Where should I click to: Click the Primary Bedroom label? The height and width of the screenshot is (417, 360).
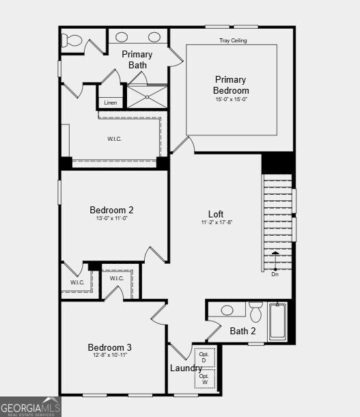tap(231, 85)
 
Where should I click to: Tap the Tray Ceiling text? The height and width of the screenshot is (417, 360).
tap(233, 41)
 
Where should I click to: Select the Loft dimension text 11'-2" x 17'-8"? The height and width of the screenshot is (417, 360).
tap(216, 223)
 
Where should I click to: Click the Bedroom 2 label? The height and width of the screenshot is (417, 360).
tap(111, 210)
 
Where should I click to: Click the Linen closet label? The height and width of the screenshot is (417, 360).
tap(111, 103)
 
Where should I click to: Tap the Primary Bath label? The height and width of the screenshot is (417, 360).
tap(137, 59)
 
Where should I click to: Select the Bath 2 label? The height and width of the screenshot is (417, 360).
tap(243, 332)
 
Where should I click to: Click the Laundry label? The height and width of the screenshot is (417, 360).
tap(186, 368)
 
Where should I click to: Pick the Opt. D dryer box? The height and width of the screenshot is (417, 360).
tap(204, 358)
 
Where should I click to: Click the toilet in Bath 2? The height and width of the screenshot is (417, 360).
tap(256, 312)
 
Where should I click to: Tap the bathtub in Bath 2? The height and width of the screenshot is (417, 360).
tap(277, 321)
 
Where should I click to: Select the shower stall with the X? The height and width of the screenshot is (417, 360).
tap(146, 96)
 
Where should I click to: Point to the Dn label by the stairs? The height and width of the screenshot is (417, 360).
tap(275, 274)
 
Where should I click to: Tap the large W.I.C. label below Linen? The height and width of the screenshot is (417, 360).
tap(114, 139)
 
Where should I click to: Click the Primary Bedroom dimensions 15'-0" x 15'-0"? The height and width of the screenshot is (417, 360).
tap(231, 99)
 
